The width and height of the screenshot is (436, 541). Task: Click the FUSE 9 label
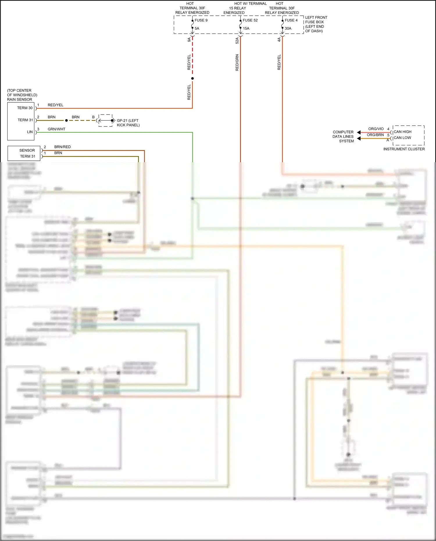click(201, 20)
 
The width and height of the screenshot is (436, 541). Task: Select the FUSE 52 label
click(250, 20)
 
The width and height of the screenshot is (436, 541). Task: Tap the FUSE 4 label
click(291, 20)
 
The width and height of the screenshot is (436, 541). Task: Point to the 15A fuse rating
click(246, 28)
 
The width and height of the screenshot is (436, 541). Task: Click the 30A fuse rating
click(288, 28)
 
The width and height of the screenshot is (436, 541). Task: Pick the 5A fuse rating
click(197, 28)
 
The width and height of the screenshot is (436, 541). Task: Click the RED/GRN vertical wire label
click(237, 63)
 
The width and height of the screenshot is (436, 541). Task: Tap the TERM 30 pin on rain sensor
click(25, 108)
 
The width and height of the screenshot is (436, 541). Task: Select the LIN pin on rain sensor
click(30, 132)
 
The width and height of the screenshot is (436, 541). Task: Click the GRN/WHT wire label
click(56, 129)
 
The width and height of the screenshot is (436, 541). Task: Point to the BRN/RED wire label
click(62, 147)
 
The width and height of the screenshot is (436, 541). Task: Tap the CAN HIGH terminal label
click(402, 132)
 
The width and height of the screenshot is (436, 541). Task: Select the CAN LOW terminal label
click(402, 138)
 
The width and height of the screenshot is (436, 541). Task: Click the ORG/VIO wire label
click(376, 129)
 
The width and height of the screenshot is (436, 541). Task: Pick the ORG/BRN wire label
click(375, 135)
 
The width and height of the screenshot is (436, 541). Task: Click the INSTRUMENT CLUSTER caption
click(404, 149)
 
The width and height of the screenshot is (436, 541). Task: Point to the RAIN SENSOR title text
click(19, 99)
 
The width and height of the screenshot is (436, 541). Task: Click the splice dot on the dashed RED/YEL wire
click(192, 78)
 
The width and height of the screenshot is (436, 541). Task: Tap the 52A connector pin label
click(237, 41)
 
